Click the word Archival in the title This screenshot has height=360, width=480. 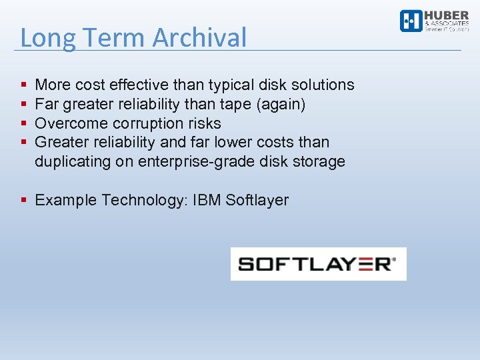coord(199,38)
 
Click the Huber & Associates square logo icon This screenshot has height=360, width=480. coord(411,21)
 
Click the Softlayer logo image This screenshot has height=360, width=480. coord(318,264)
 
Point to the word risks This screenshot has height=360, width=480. coord(205,123)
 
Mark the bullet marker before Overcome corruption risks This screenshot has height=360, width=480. coord(24,123)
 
